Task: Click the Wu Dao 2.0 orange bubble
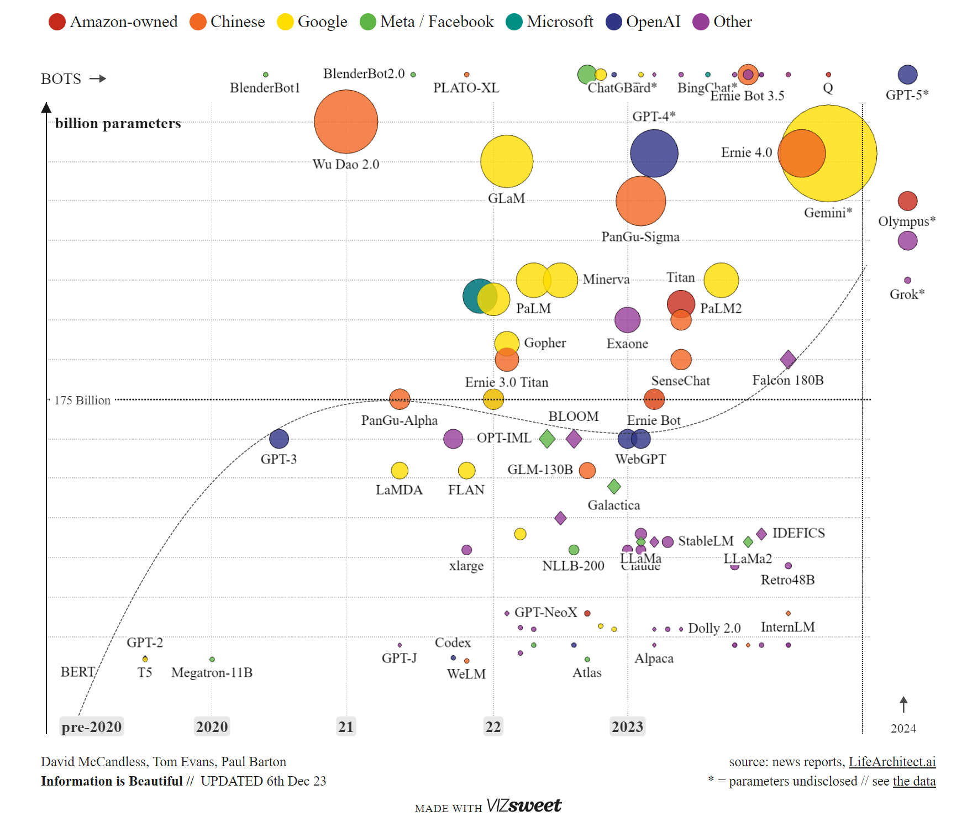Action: click(x=346, y=122)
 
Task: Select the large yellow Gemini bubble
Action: click(x=845, y=177)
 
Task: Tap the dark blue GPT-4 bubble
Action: click(x=654, y=153)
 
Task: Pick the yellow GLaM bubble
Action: click(x=507, y=161)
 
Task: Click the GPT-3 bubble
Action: click(x=279, y=439)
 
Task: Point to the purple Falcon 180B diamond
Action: click(x=788, y=360)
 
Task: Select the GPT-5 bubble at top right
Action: click(x=907, y=75)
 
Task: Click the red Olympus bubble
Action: click(x=907, y=201)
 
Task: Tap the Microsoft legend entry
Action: click(x=550, y=22)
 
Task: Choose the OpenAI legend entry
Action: click(x=644, y=22)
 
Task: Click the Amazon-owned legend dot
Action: click(x=57, y=22)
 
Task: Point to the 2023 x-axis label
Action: click(x=627, y=726)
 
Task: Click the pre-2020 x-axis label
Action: click(x=91, y=726)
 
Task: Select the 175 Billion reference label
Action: click(x=82, y=400)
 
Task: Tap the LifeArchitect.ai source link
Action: click(x=892, y=762)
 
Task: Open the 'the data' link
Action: click(x=914, y=781)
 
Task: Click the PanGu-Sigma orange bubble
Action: click(x=640, y=201)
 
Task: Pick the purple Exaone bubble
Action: click(x=627, y=320)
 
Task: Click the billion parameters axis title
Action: click(x=118, y=123)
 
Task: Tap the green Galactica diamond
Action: click(x=614, y=487)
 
